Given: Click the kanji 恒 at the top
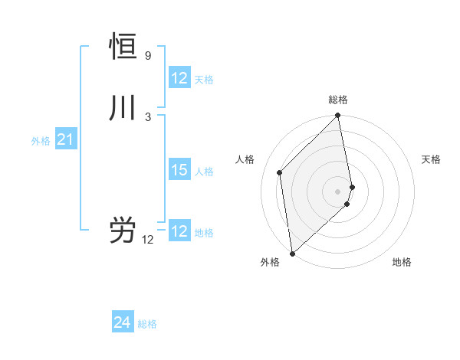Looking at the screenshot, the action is pos(123,47).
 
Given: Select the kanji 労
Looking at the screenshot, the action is pos(123,231).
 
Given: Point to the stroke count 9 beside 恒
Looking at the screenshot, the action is pos(147,56).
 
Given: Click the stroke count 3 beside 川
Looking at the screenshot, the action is pos(147,117).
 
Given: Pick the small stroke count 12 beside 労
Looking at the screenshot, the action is pos(147,240).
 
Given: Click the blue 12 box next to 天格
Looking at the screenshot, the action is pos(179,78).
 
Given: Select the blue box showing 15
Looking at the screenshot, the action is pos(179,170).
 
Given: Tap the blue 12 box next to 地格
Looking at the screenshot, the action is pos(179,231).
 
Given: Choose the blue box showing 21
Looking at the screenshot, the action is pos(66,139).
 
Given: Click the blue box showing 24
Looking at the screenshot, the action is pos(123,323).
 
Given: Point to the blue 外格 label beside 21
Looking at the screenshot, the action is pos(41,141).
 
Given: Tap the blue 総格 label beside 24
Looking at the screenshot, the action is pos(147,325).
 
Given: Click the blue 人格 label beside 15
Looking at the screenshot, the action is pos(204,172).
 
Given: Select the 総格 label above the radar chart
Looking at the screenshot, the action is pos(338,100).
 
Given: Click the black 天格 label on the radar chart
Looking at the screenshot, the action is pos(431,159).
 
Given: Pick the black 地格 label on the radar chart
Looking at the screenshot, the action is pos(402,262).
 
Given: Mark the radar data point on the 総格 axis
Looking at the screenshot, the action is pos(338,116).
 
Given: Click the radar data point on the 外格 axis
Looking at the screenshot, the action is pos(292,254).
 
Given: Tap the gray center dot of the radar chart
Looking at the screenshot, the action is pos(338,191).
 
